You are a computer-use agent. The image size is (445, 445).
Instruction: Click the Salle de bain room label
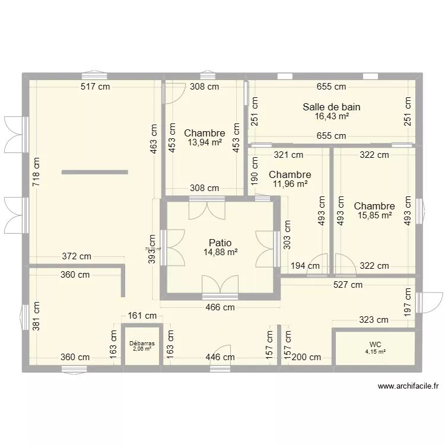click(331, 107)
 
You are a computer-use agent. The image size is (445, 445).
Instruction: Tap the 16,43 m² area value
click(331, 116)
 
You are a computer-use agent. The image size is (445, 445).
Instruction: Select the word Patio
click(220, 243)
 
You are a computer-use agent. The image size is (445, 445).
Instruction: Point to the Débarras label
click(142, 344)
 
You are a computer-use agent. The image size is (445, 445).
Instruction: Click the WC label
click(375, 344)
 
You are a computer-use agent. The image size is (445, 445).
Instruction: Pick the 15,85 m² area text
click(374, 215)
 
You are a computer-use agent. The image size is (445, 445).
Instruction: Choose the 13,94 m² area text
click(204, 142)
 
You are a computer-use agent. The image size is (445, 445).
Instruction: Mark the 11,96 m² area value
click(290, 184)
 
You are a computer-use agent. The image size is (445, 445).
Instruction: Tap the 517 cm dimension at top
click(96, 87)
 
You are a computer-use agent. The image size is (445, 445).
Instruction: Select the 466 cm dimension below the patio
click(220, 307)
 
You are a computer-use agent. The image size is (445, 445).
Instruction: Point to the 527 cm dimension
click(348, 285)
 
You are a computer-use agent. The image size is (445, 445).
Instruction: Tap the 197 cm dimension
click(408, 302)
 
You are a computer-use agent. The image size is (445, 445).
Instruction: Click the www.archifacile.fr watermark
click(408, 386)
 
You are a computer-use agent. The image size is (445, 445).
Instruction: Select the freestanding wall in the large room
click(94, 172)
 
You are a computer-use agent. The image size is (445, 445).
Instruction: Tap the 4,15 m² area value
click(375, 352)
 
